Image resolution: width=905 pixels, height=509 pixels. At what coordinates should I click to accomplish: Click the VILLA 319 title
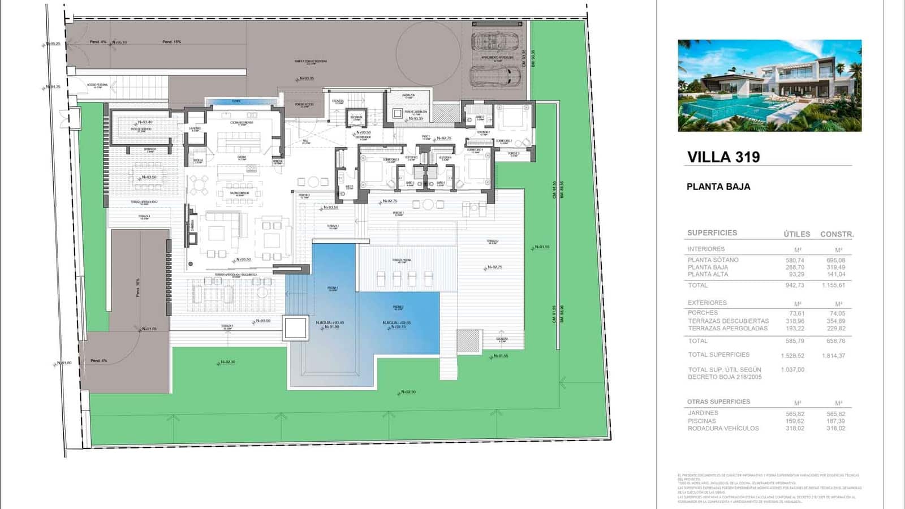(723, 157)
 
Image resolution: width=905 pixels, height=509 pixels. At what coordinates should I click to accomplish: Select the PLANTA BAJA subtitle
(718, 187)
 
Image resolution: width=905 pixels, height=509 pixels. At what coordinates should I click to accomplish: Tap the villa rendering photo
(769, 85)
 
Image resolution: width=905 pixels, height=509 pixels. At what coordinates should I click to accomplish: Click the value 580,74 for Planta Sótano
(795, 260)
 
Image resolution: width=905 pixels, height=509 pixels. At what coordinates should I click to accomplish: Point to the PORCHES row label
(703, 313)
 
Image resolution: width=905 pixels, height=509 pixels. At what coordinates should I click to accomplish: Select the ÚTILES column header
(796, 234)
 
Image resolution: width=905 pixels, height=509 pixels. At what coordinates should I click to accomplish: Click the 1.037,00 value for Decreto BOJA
(792, 370)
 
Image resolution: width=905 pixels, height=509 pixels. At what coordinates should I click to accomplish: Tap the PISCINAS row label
(702, 421)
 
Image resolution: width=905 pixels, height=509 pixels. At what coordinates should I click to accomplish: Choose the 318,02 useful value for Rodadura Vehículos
(795, 429)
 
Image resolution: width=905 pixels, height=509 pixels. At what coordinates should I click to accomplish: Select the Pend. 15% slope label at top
(171, 42)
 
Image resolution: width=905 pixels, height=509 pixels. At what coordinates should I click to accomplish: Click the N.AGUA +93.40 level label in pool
(330, 323)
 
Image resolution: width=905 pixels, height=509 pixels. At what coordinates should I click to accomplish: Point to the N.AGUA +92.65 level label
(397, 323)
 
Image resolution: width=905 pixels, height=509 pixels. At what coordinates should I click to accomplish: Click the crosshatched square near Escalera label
(468, 341)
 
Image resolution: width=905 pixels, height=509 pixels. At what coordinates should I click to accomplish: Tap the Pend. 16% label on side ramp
(137, 287)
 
